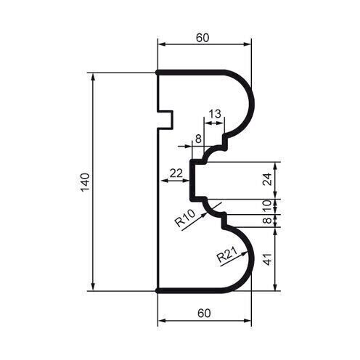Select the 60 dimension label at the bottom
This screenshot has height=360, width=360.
[x=205, y=313]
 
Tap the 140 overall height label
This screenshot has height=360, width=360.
[x=85, y=181]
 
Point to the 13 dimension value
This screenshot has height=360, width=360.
[x=214, y=114]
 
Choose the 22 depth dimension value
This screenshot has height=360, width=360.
[x=175, y=172]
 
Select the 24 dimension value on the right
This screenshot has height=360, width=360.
[x=267, y=179]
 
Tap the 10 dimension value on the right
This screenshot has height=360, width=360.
[x=267, y=205]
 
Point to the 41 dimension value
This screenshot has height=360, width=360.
[x=267, y=259]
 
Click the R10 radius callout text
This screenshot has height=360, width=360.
[x=185, y=218]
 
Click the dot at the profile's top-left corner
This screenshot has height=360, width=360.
[x=158, y=73]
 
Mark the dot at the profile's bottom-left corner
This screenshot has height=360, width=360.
[x=158, y=290]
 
